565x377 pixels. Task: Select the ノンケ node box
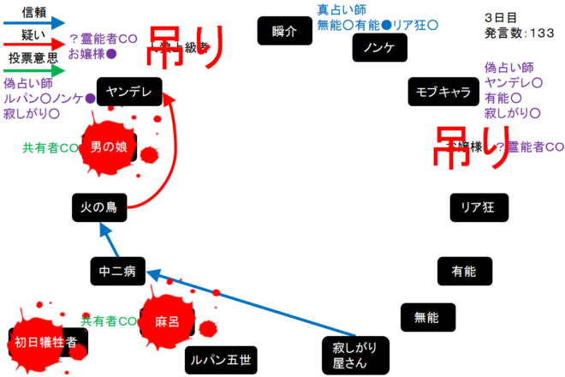pos(378,47)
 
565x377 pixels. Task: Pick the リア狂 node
pos(479,206)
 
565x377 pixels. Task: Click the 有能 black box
pos(463,271)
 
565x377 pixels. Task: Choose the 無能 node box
pos(426,317)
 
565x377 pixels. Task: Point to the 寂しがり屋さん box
pos(355,353)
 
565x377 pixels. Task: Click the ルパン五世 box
pos(220,360)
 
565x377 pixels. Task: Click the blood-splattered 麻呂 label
pos(167,322)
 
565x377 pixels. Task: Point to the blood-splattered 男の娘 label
pos(109,147)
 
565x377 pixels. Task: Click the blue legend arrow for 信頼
pos(34,22)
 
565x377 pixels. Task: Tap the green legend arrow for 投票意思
pos(34,69)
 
